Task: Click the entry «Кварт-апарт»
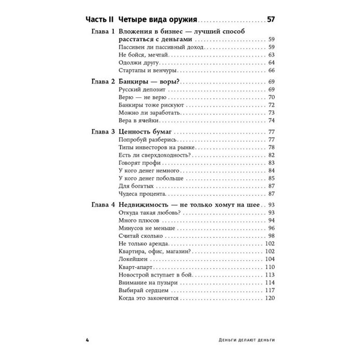[135, 267]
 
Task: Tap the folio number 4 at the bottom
[87, 340]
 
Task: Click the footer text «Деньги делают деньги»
[247, 340]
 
